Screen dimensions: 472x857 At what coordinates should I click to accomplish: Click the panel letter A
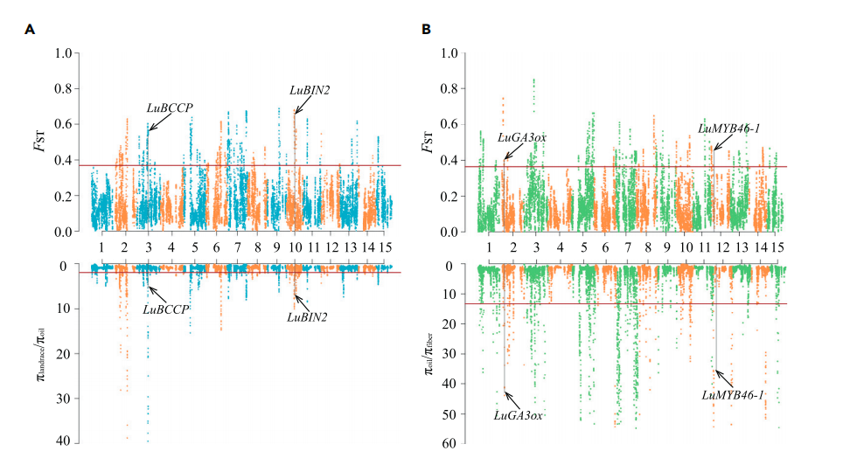(x=30, y=30)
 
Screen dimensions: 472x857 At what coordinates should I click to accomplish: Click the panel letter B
(x=426, y=30)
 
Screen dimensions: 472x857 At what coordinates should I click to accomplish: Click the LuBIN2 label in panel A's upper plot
(x=310, y=89)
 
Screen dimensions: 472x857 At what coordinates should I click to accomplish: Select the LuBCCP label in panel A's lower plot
(x=167, y=309)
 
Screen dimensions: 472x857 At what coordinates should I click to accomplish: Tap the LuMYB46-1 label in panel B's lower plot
(x=733, y=395)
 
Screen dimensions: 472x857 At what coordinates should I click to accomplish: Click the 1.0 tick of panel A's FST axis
(x=63, y=53)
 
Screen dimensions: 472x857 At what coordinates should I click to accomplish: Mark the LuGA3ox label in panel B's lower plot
(x=519, y=415)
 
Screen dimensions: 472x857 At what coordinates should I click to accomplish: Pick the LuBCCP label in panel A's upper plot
(x=170, y=108)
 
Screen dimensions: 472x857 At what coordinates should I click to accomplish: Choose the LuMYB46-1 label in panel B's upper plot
(x=728, y=128)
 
